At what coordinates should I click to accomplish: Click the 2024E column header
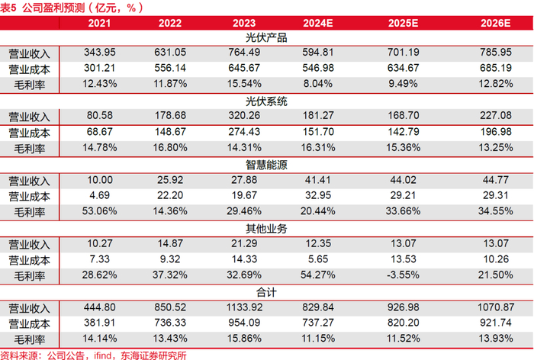point(318,23)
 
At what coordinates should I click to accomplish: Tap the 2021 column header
point(99,23)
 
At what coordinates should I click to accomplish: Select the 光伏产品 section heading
point(266,38)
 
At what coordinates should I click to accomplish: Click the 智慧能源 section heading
point(266,166)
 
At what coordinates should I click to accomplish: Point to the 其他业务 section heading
point(266,229)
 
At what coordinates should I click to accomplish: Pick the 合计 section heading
point(266,292)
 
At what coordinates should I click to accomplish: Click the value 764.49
point(244,52)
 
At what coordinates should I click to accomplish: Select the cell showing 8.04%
point(318,83)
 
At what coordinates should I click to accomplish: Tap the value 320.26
point(244,115)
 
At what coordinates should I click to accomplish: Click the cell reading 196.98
point(496,132)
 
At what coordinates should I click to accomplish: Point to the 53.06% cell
point(99,211)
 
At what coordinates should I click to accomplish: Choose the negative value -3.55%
point(404,275)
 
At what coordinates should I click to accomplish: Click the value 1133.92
point(245,307)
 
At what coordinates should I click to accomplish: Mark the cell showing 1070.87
point(496,307)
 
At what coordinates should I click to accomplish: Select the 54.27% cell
point(318,275)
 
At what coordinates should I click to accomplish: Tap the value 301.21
point(99,68)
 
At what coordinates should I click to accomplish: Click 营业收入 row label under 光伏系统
point(29,117)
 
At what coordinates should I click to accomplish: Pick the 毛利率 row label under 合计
point(29,339)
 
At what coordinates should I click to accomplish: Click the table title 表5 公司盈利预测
point(42,8)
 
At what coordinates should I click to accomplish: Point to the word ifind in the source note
point(102,355)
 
